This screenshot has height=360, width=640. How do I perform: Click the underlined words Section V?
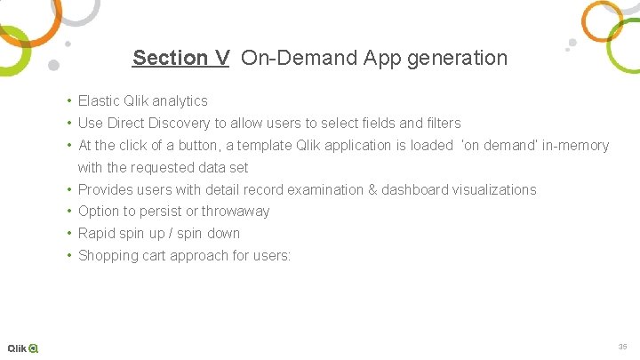[x=181, y=59]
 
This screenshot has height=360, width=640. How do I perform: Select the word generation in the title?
[x=460, y=59]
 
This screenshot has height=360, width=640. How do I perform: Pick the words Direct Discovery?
[x=160, y=124]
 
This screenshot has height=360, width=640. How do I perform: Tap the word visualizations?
[x=494, y=189]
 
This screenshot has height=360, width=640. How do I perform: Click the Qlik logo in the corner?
[x=23, y=348]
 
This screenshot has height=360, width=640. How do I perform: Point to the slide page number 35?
[x=622, y=346]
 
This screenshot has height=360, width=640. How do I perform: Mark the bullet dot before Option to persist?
[x=68, y=212]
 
